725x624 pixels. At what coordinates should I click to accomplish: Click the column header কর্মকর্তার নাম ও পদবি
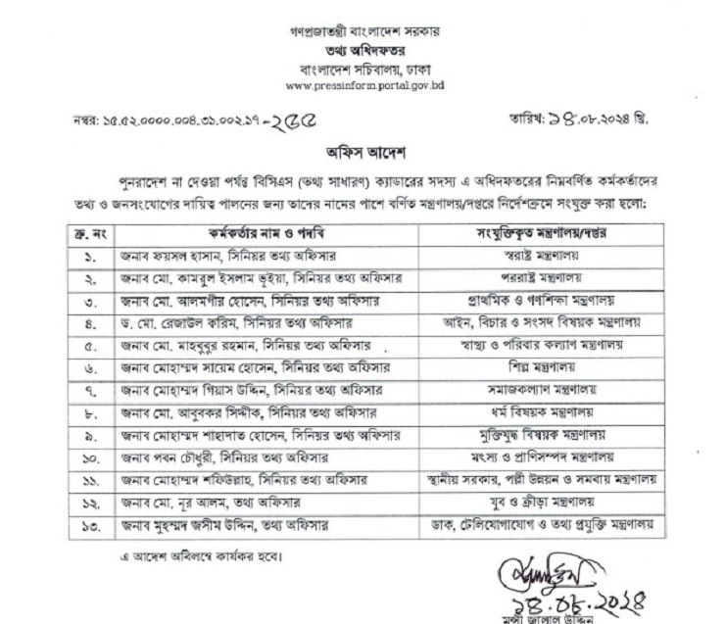pyautogui.click(x=243, y=236)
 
